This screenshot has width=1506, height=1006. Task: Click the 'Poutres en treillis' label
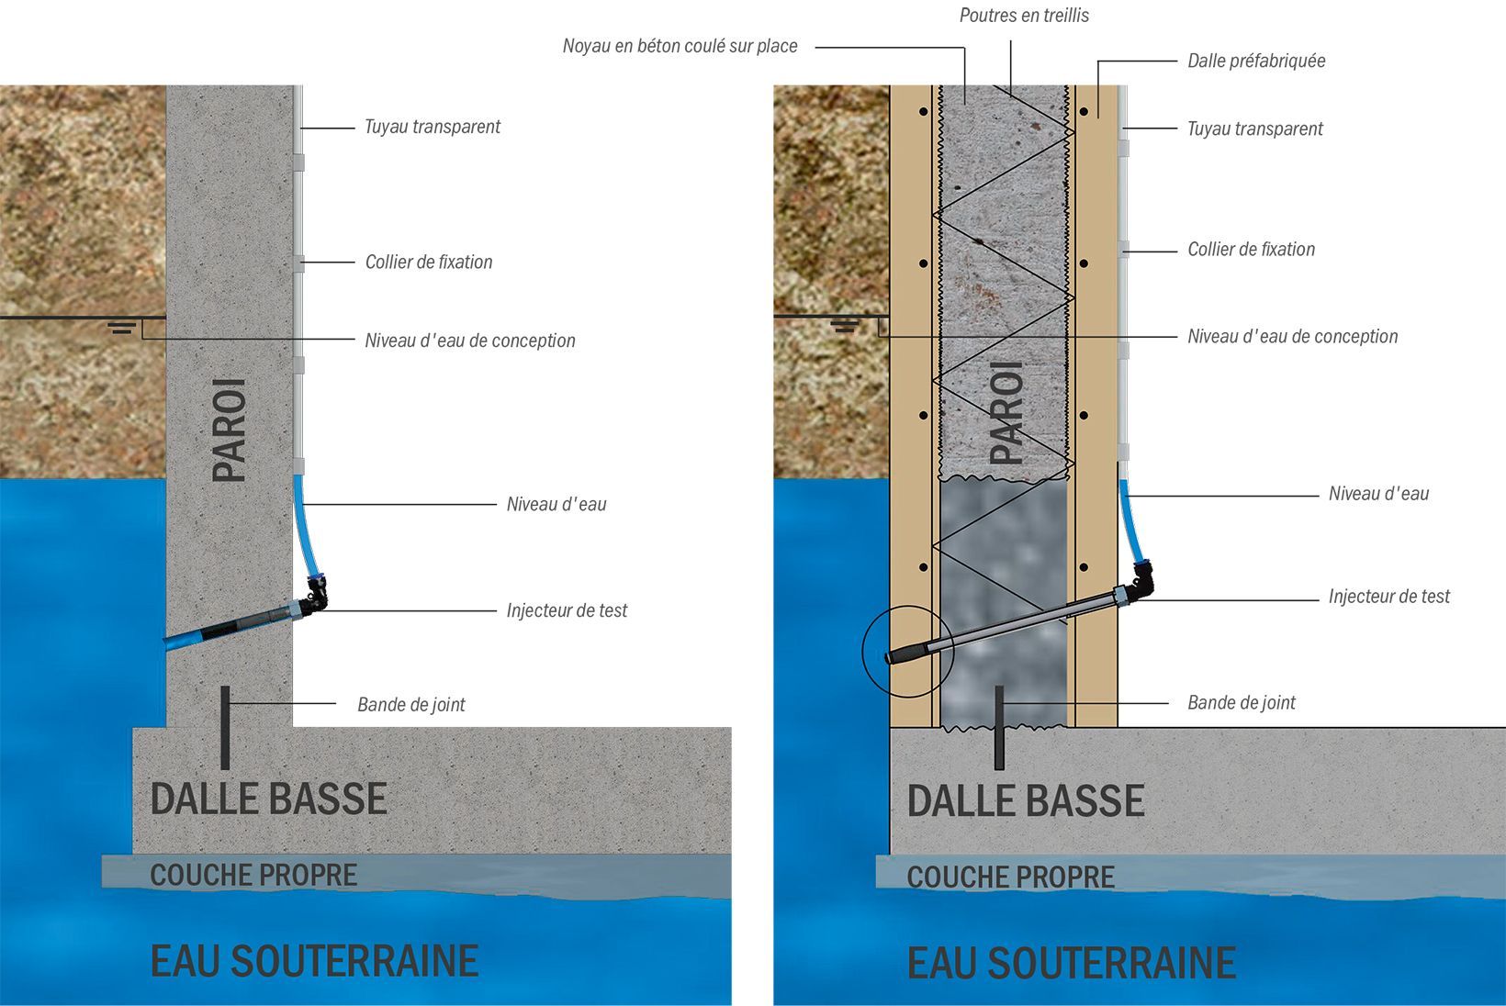tap(1023, 16)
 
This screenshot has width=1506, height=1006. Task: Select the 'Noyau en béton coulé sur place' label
tap(680, 46)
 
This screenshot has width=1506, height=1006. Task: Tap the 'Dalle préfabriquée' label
tap(1256, 61)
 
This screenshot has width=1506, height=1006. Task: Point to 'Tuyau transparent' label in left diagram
tap(433, 127)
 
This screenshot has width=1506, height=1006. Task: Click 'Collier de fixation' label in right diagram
tap(1251, 250)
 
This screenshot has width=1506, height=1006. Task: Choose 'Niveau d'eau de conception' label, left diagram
tap(470, 340)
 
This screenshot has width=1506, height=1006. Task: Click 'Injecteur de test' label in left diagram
tap(567, 610)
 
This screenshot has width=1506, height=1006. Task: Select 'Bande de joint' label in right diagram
tap(1242, 702)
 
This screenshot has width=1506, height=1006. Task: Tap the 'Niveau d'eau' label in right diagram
tap(1378, 493)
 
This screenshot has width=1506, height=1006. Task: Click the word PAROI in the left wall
tap(229, 430)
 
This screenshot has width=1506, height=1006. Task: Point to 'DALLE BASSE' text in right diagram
tap(1026, 800)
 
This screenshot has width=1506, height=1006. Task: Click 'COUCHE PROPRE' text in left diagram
tap(253, 875)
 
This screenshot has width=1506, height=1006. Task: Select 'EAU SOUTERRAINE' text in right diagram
tap(1072, 962)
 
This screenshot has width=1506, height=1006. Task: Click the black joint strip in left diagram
tap(225, 728)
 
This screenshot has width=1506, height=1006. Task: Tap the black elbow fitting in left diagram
tap(317, 595)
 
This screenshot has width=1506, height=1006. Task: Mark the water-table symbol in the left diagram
tap(122, 329)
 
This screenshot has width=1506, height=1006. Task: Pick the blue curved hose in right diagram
tap(1130, 520)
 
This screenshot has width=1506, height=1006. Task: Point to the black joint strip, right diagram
tap(999, 728)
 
